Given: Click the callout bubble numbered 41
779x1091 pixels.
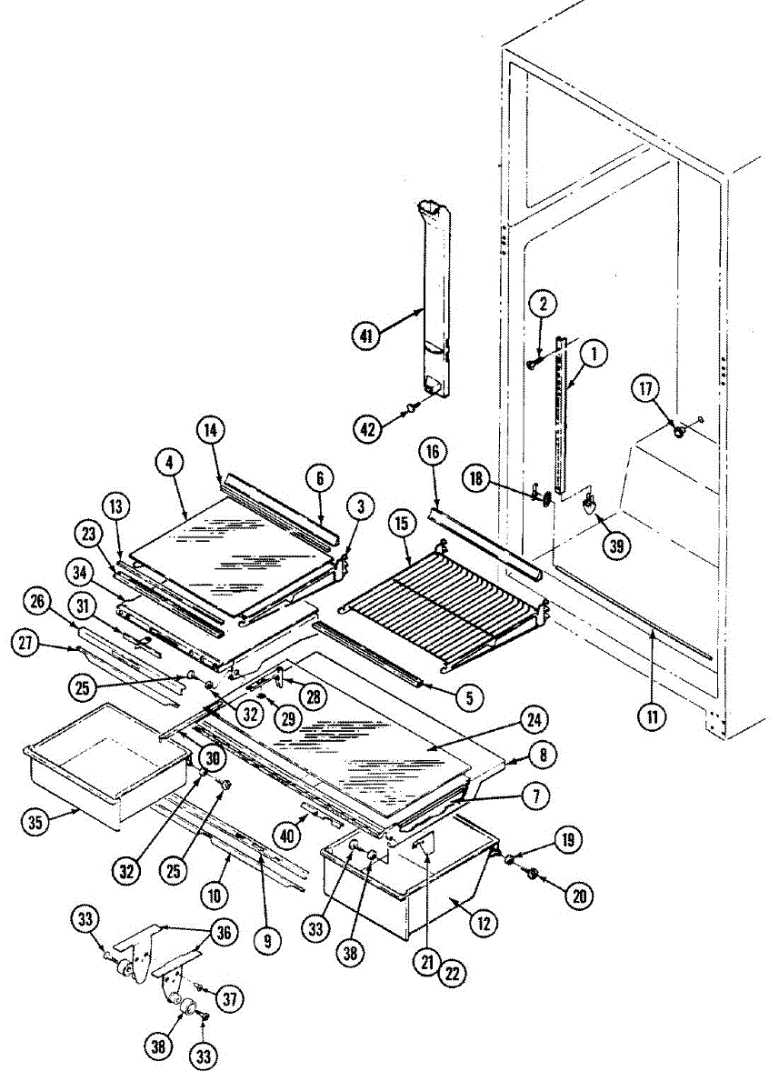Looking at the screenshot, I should coord(365,335).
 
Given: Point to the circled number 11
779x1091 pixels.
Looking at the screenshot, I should coord(652,716).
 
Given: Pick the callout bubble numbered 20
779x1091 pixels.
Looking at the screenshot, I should coord(577,896).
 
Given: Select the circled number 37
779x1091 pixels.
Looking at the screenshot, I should coord(230,999).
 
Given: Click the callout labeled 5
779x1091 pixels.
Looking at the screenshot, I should coord(469,697).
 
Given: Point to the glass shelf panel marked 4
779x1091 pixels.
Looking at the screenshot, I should coord(227,545).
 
